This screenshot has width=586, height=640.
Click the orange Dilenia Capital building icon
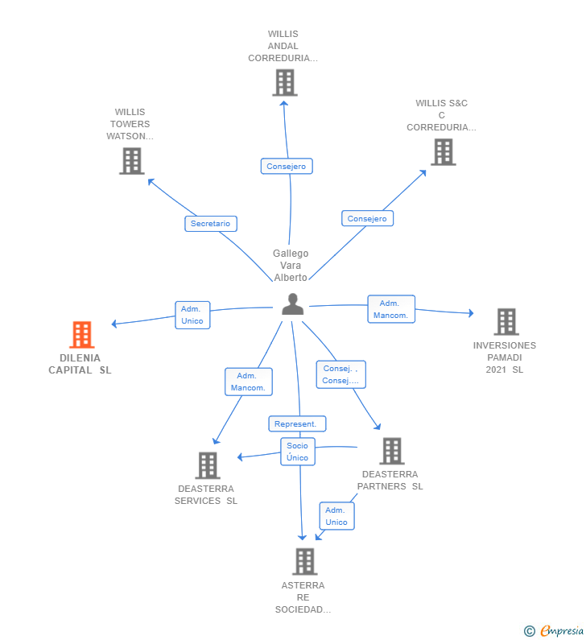[x=81, y=334]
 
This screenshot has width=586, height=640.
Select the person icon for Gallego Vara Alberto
[x=293, y=304]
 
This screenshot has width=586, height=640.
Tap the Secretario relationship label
[x=210, y=224]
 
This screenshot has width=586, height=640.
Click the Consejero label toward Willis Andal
[x=287, y=166]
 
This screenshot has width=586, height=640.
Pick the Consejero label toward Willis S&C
[x=367, y=218]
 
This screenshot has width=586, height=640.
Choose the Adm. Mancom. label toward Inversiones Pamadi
[x=391, y=309]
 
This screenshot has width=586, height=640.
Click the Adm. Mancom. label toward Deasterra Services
[x=249, y=382]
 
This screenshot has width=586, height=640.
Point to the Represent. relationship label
[x=297, y=423]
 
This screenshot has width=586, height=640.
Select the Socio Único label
[x=297, y=452]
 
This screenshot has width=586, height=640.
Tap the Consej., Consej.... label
[x=340, y=374]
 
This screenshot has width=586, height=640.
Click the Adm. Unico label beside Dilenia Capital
[x=192, y=315]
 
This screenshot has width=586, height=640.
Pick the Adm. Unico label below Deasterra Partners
[x=336, y=516]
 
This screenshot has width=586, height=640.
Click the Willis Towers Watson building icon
[x=131, y=161]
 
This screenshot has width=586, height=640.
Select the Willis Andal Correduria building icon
[x=284, y=82]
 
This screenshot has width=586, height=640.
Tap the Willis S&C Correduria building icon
[x=443, y=151]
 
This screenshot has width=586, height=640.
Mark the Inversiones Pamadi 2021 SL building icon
[x=506, y=321]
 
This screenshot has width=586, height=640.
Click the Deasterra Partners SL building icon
[x=391, y=451]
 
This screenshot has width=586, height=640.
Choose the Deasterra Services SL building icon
[x=208, y=465]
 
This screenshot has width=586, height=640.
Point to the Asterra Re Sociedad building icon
[x=304, y=561]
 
